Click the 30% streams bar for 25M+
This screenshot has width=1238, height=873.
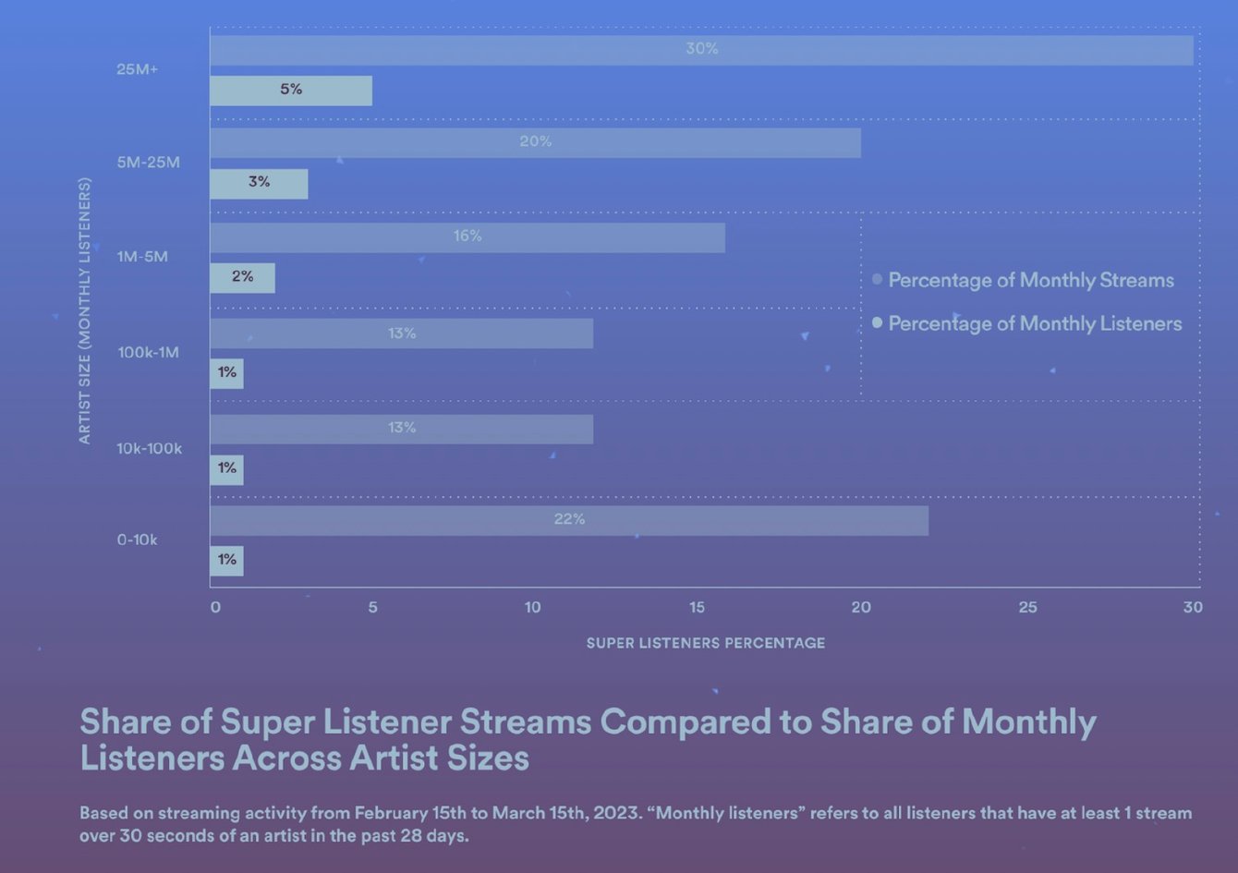(701, 50)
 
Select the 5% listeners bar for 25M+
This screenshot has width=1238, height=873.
(291, 91)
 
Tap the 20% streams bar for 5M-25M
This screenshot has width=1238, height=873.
(535, 142)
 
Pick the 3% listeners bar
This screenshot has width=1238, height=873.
(259, 183)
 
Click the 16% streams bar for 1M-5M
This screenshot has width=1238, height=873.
(467, 237)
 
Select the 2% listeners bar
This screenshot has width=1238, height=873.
(242, 277)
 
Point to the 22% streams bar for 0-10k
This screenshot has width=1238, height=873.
(569, 520)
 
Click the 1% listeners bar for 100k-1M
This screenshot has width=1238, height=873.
(227, 373)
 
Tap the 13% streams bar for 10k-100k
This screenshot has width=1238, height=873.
(401, 429)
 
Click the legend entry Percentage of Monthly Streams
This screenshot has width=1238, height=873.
(1030, 280)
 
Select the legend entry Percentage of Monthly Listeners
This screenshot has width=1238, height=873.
(1034, 323)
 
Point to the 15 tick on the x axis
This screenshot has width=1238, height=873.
(697, 607)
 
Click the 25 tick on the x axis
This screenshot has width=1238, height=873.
(1027, 607)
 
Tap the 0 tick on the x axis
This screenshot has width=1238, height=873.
(215, 607)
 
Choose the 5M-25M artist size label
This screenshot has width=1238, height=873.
(148, 163)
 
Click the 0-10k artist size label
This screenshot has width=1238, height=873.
(137, 540)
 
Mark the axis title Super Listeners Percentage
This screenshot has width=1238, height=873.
(705, 643)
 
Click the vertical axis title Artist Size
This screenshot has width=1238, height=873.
(85, 311)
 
